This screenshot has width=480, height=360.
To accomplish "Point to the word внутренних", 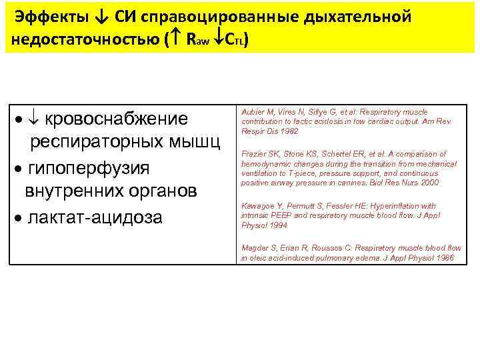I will tap(69, 191).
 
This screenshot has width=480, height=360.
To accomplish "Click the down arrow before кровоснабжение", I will tap(35, 119).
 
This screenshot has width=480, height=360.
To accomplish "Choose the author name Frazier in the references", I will tap(253, 154).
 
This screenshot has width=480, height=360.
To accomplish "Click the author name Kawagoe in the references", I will tap(257, 207).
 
